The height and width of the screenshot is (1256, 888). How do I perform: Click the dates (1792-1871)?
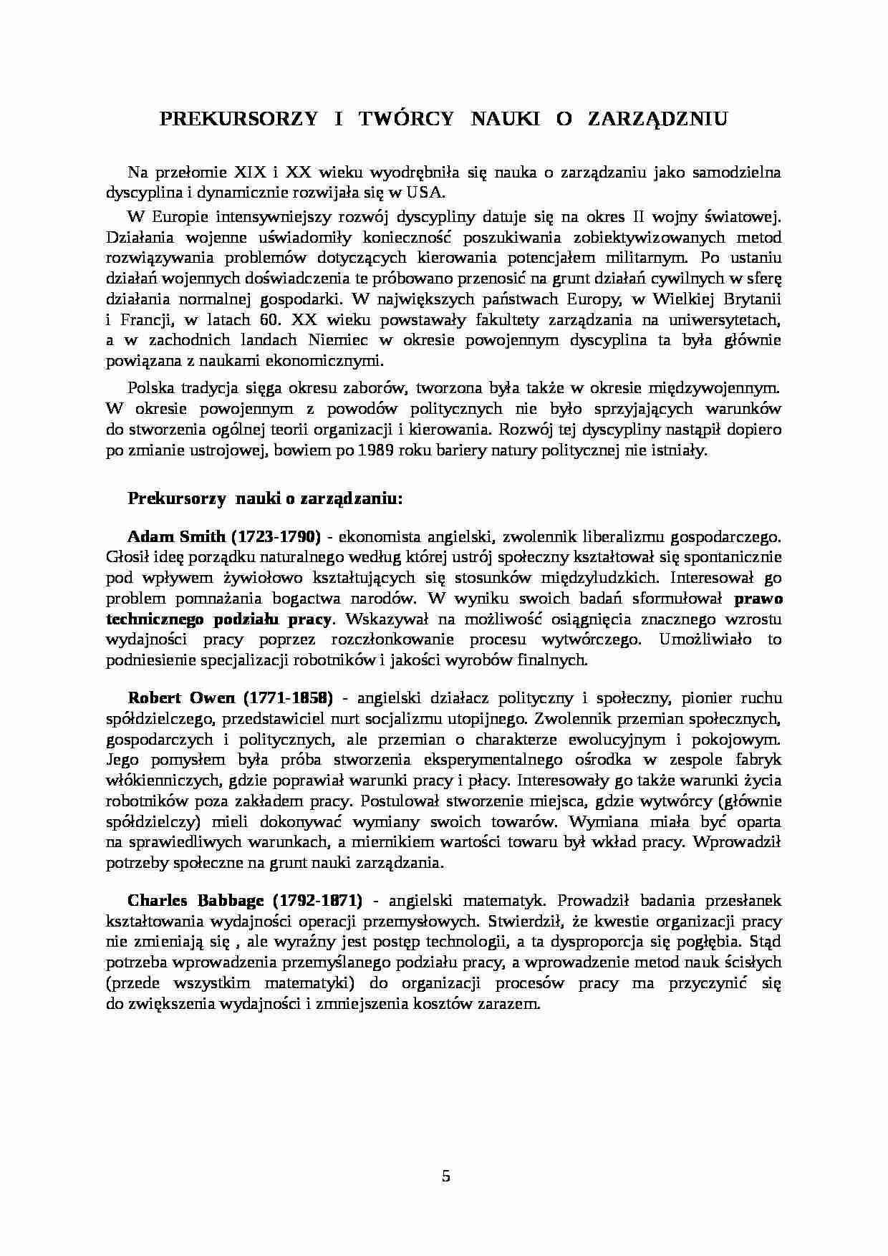point(318,899)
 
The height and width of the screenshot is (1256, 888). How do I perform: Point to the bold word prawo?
point(759,598)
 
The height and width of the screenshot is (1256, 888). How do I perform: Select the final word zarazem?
point(511,1003)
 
